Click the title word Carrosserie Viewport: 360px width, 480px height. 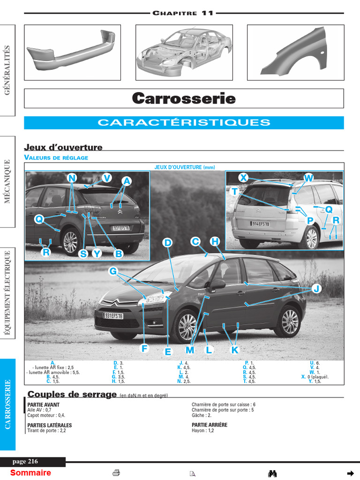click(x=184, y=98)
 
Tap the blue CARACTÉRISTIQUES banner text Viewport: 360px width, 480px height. click(x=184, y=123)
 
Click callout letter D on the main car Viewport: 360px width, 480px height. click(x=167, y=243)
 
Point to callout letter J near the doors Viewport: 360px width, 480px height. click(x=316, y=289)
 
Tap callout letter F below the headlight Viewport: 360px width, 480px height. click(x=144, y=348)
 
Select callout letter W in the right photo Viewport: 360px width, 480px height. click(x=308, y=178)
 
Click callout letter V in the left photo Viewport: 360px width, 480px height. click(x=107, y=178)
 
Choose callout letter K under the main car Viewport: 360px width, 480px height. click(x=235, y=350)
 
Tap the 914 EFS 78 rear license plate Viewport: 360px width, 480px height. click(x=261, y=224)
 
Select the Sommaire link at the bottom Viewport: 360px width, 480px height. click(x=30, y=473)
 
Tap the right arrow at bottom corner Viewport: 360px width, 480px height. click(x=350, y=473)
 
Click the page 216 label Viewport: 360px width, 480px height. click(x=25, y=462)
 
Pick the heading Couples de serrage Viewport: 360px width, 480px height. click(x=72, y=394)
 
